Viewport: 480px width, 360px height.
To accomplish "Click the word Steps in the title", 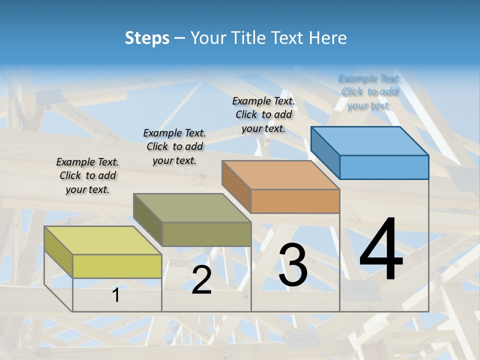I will tap(147, 38).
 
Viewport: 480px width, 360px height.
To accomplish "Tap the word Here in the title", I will tap(327, 38).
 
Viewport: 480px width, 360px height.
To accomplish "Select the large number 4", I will tap(381, 250).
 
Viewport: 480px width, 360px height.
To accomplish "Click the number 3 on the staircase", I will tap(293, 265).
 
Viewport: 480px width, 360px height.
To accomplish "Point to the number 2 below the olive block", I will tap(201, 280).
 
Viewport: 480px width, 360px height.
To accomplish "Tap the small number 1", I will tap(116, 295).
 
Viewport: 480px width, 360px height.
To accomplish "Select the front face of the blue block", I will tap(384, 167).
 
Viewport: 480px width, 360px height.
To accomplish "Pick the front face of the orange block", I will tap(295, 201).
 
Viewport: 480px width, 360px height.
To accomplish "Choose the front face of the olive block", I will tap(206, 234).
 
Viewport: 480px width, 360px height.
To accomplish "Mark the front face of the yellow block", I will tap(117, 266).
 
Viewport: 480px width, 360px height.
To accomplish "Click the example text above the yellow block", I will tap(87, 175).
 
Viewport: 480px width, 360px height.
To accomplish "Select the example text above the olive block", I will tap(174, 146).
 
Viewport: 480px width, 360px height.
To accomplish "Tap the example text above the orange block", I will tap(263, 114).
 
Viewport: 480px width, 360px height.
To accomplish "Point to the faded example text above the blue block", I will tap(369, 91).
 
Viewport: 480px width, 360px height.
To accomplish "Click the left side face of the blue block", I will tap(325, 152).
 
